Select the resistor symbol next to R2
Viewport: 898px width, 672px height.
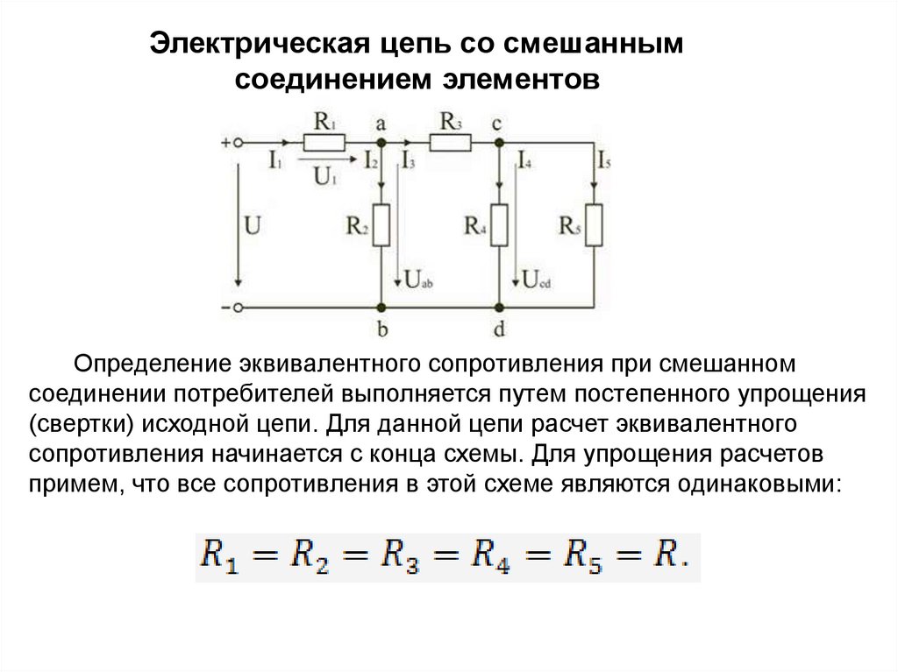point(381,225)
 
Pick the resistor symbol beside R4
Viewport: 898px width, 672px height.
point(499,225)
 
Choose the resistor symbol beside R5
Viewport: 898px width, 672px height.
point(595,225)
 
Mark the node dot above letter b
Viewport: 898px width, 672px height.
point(381,308)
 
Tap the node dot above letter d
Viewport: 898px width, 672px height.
point(499,308)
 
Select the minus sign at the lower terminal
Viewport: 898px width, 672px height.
point(225,308)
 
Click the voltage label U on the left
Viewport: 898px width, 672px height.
point(253,226)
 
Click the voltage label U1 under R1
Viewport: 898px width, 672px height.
point(324,175)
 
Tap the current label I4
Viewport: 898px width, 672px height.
point(525,160)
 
